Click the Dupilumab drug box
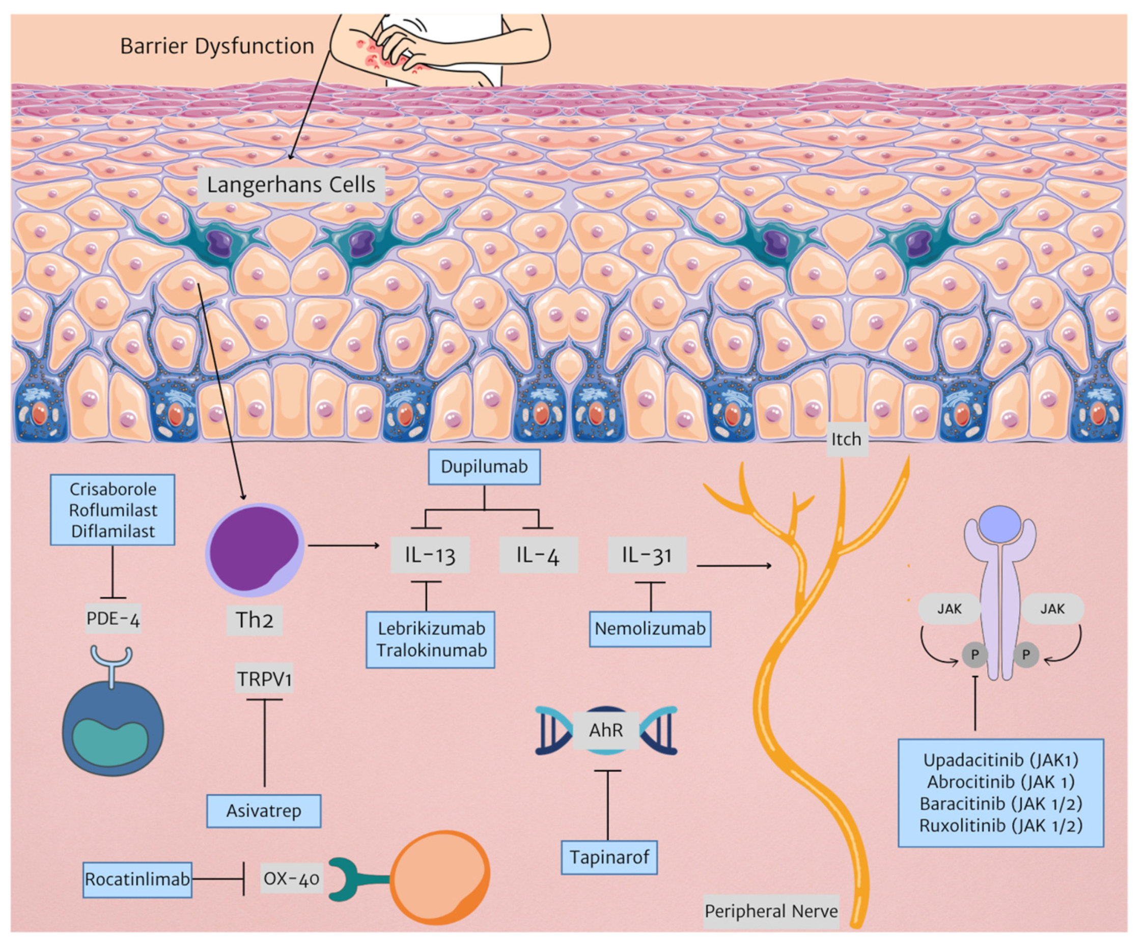click(484, 467)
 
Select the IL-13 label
click(430, 555)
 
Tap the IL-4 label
click(538, 555)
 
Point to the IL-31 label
click(646, 555)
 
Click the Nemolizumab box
click(650, 628)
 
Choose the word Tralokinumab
click(431, 650)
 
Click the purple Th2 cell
click(255, 550)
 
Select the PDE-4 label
click(113, 618)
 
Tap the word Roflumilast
click(113, 510)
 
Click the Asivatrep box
click(263, 811)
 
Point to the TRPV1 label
click(264, 679)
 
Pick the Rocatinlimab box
click(137, 879)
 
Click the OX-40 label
click(291, 879)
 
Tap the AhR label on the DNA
click(605, 730)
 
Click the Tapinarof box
click(609, 857)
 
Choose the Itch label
click(846, 439)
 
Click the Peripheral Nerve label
click(770, 911)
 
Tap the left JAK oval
click(949, 609)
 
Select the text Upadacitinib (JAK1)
click(1000, 760)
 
